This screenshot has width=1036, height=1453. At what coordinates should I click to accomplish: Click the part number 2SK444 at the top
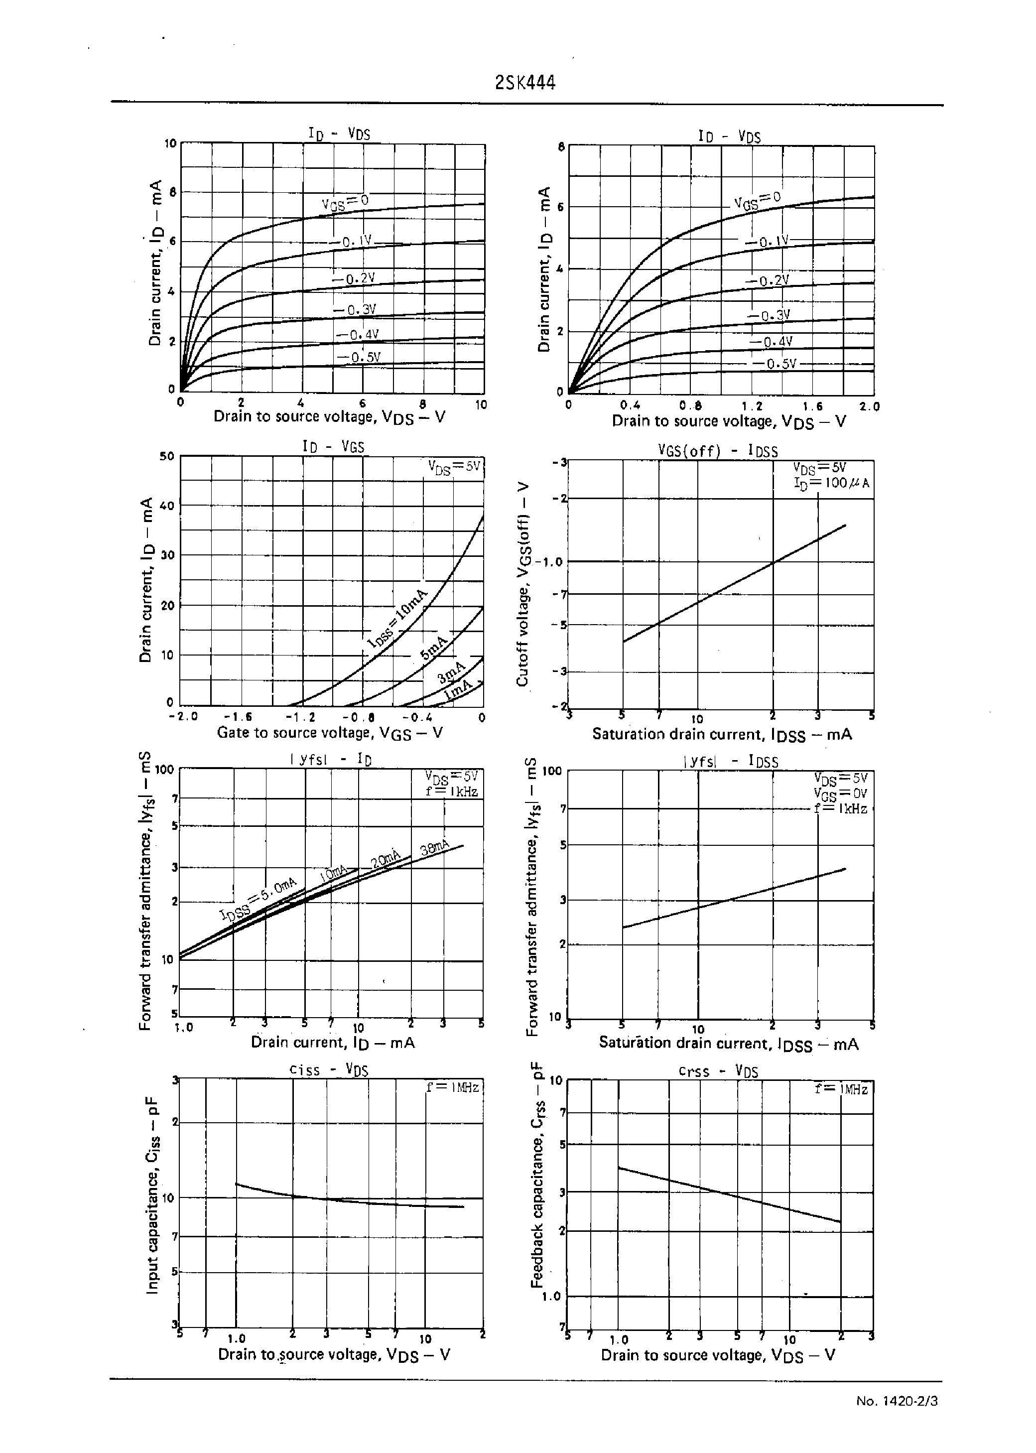(x=525, y=83)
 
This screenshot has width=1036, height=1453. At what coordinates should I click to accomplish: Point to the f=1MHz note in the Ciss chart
(x=453, y=1087)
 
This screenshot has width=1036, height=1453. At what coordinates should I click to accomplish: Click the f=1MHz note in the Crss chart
(x=841, y=1089)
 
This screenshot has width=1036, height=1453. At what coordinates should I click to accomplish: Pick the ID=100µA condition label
(x=831, y=483)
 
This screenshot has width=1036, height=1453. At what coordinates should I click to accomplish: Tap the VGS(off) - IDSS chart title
(x=718, y=451)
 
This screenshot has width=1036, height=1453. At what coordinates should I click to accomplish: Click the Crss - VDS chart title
(x=718, y=1071)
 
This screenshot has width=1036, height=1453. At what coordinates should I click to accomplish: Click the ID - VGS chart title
(x=333, y=446)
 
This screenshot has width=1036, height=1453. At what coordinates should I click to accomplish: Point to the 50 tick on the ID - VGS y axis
(x=166, y=456)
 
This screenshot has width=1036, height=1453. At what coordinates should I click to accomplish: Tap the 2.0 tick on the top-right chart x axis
(x=869, y=407)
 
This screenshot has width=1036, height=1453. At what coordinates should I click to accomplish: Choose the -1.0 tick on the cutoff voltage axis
(x=549, y=562)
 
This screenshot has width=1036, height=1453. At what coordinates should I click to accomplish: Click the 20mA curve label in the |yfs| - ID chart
(x=386, y=859)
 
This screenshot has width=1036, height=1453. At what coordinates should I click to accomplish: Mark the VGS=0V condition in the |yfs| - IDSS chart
(x=840, y=793)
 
